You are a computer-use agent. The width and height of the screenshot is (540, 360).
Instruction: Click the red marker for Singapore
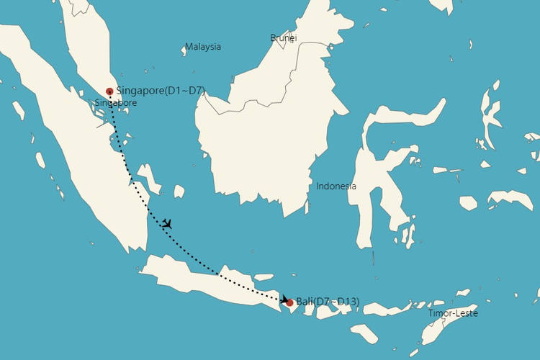(109, 91)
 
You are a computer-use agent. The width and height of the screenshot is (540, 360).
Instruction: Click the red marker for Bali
(289, 302)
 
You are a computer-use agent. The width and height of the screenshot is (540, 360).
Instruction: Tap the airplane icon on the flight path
(167, 224)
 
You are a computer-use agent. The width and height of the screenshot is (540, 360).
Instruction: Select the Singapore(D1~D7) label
(160, 91)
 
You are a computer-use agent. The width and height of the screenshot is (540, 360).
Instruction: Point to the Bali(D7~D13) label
(328, 302)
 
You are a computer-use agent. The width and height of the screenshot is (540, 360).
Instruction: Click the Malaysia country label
(202, 47)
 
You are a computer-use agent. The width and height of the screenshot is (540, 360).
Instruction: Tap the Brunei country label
(283, 37)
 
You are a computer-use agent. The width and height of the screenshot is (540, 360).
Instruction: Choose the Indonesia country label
(336, 186)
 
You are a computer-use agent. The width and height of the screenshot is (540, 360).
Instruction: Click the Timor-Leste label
(453, 313)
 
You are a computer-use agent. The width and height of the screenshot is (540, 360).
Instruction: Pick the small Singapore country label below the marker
(115, 103)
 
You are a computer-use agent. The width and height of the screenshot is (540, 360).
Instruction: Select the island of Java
(209, 277)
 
